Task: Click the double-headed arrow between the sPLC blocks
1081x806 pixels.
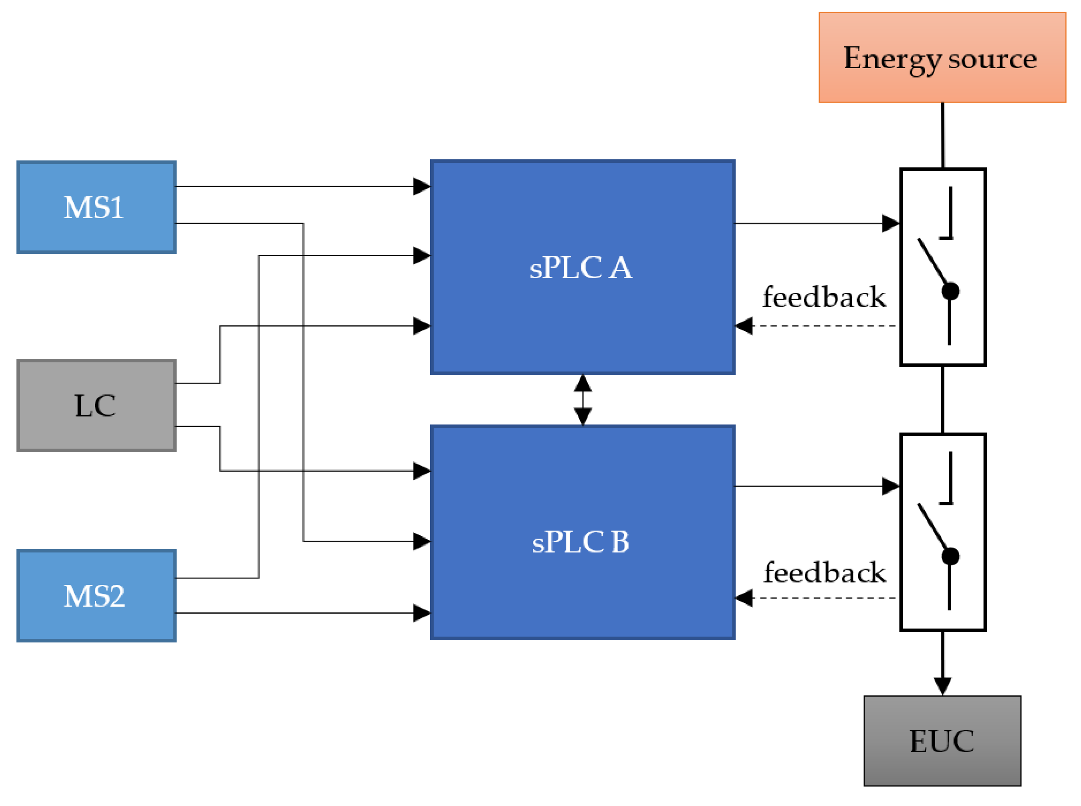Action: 583,399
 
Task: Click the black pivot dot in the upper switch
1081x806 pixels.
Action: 950,291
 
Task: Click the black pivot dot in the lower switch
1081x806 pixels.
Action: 950,556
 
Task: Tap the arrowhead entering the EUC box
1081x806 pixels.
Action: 942,686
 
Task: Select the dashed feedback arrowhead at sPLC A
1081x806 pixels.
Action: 744,325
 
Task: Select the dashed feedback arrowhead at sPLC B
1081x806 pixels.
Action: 744,598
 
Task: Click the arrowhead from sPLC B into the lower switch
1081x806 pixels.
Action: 890,486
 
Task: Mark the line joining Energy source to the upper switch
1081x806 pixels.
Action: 942,135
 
